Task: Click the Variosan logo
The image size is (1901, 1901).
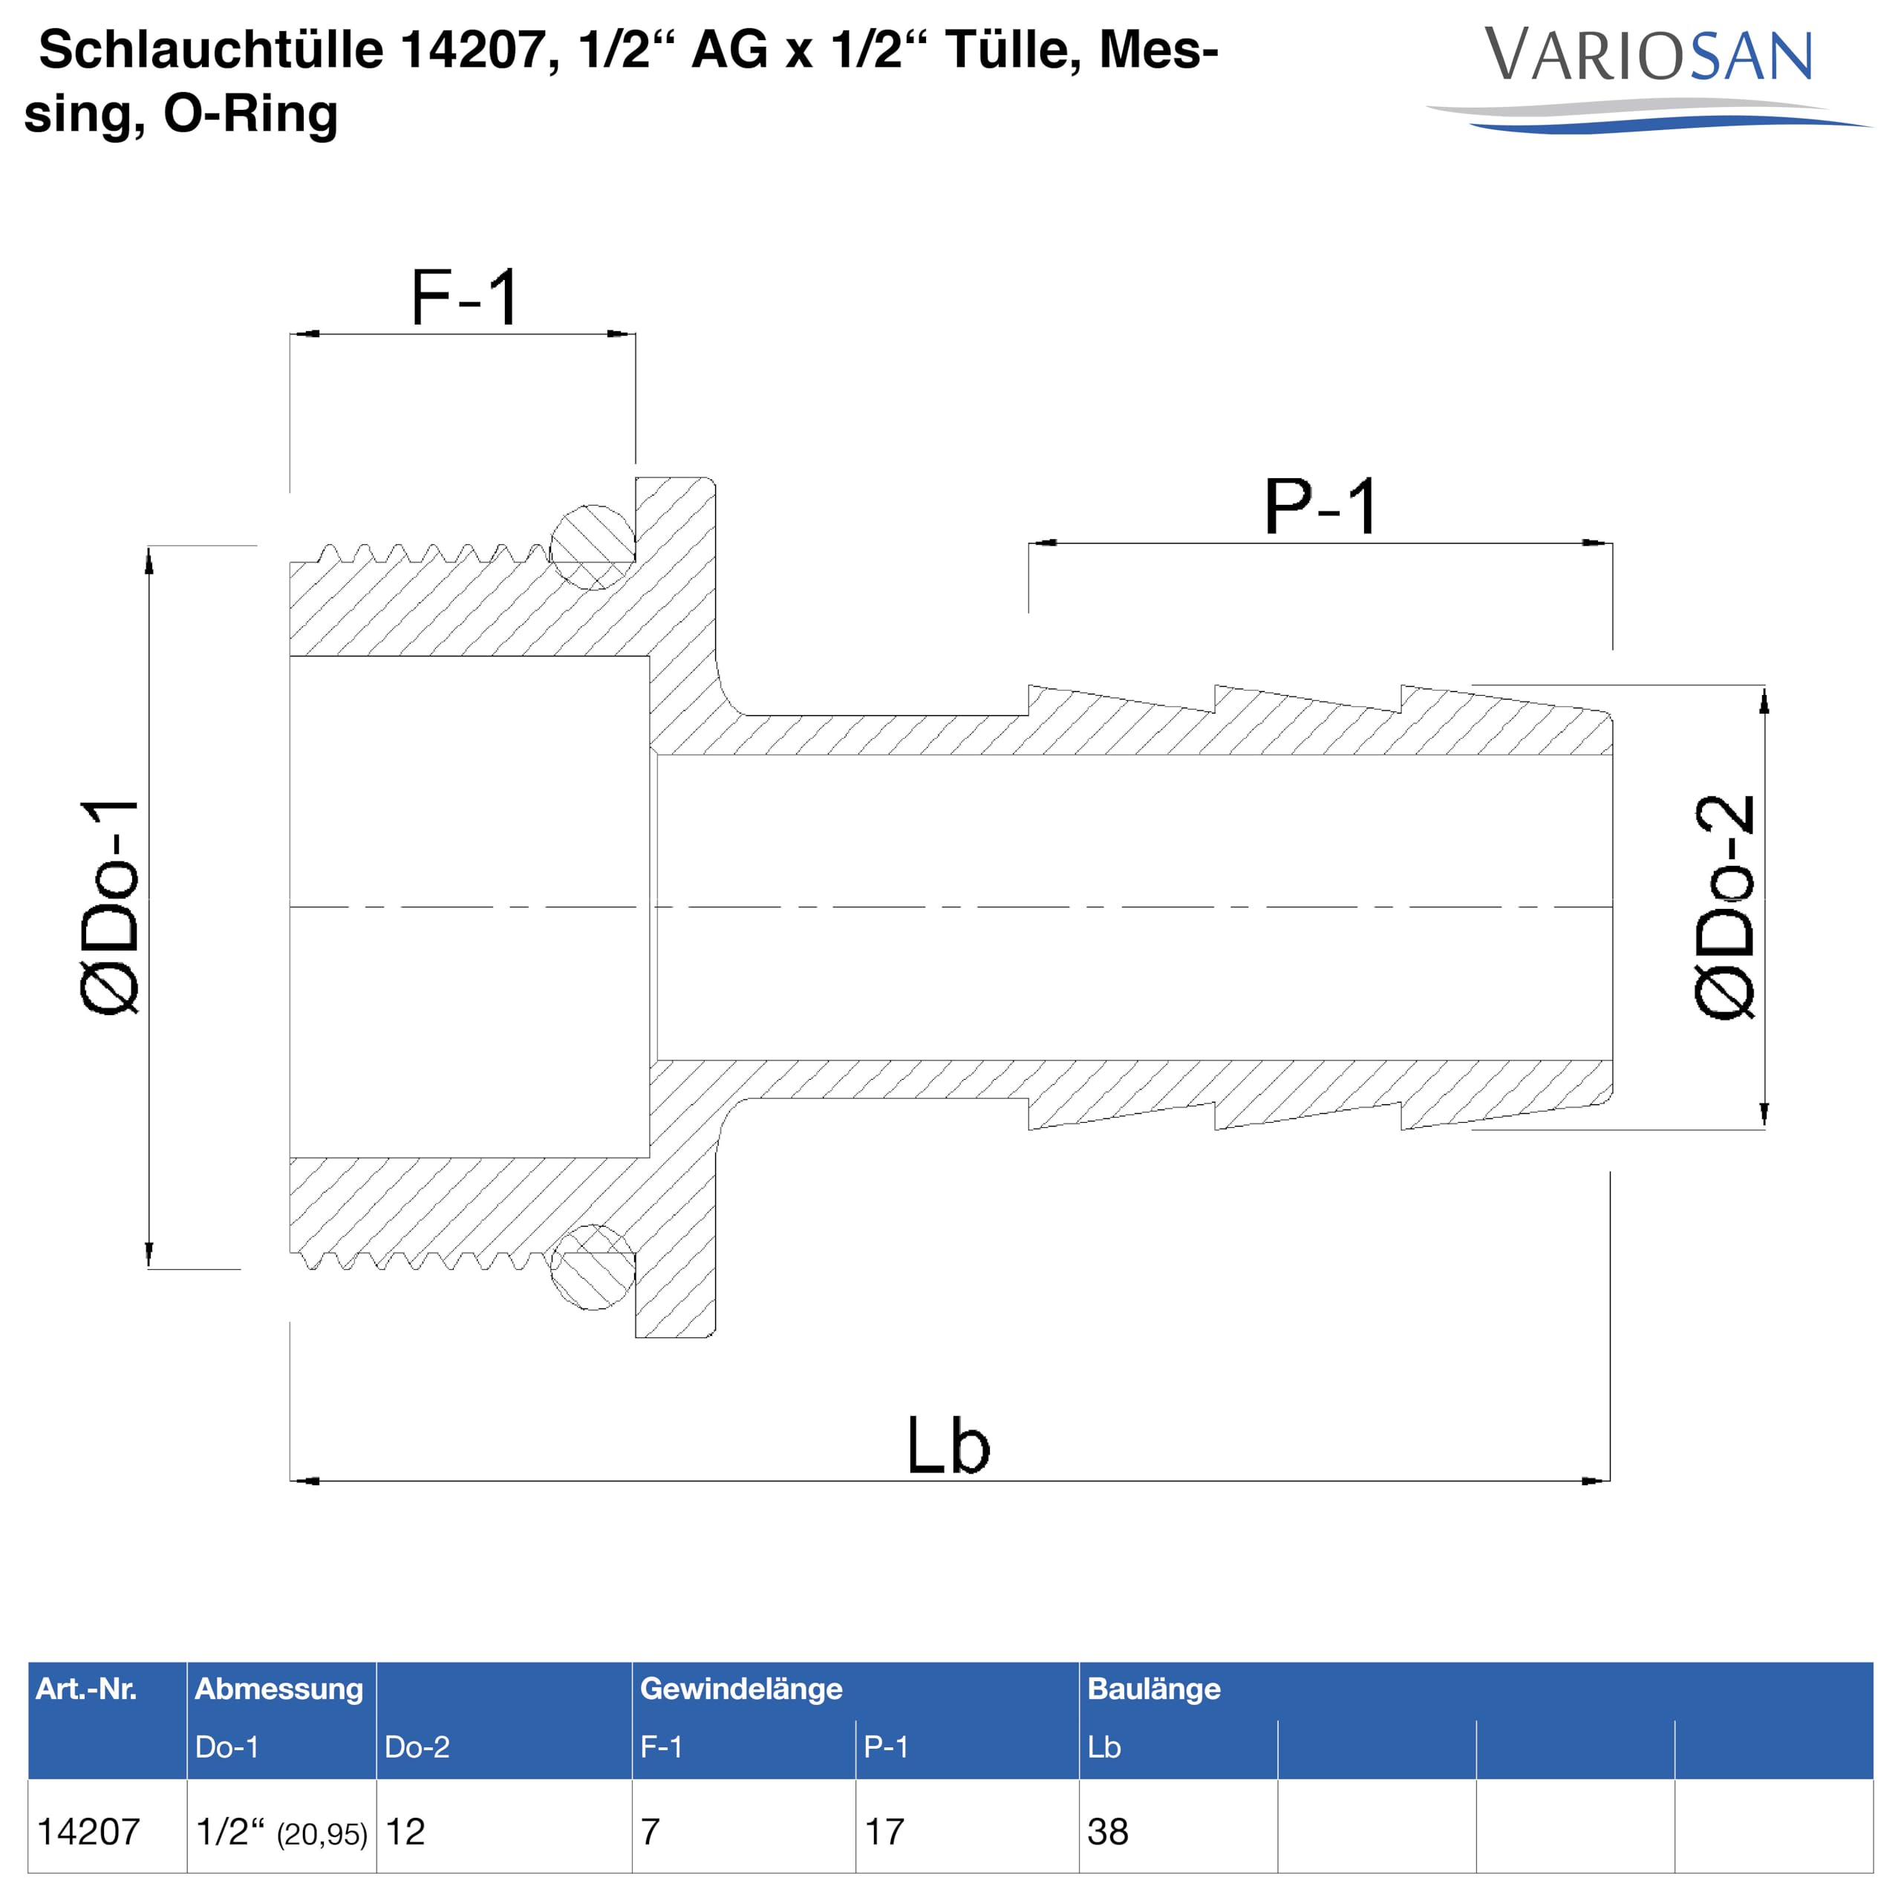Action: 1648,78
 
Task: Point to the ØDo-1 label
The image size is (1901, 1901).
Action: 110,907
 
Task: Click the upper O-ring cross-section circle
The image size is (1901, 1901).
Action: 593,548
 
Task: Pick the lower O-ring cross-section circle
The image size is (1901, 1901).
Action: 593,1268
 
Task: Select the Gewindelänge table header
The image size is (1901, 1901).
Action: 741,1689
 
